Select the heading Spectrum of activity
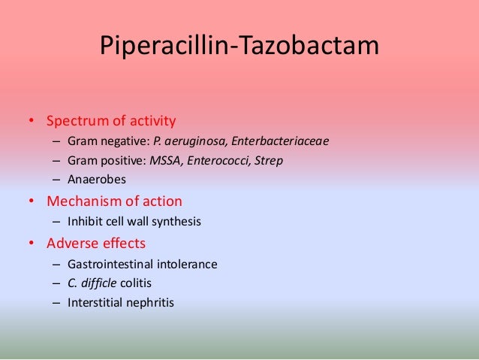[x=111, y=120]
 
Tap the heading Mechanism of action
[x=114, y=201]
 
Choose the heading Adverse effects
[x=96, y=244]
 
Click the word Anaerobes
[x=97, y=180]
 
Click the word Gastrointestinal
[x=105, y=264]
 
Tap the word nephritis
[x=149, y=303]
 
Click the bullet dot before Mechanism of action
[x=32, y=202]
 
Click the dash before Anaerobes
[x=57, y=180]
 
